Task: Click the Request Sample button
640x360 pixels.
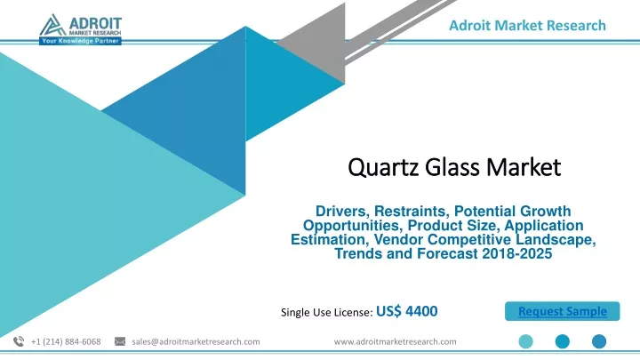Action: pyautogui.click(x=562, y=311)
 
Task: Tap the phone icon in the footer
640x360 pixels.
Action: pyautogui.click(x=19, y=341)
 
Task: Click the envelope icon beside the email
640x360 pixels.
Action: pyautogui.click(x=120, y=341)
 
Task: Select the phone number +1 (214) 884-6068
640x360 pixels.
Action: pyautogui.click(x=66, y=341)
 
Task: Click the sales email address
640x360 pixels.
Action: pyautogui.click(x=196, y=341)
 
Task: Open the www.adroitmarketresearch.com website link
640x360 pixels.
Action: pyautogui.click(x=395, y=341)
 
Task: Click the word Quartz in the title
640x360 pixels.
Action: pyautogui.click(x=383, y=167)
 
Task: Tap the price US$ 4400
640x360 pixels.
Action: pyautogui.click(x=407, y=311)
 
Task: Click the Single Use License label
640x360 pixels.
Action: pyautogui.click(x=326, y=313)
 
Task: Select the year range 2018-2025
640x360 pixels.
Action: pyautogui.click(x=516, y=254)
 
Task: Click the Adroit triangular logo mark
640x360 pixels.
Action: pyautogui.click(x=52, y=25)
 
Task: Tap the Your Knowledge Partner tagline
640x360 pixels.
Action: pyautogui.click(x=80, y=41)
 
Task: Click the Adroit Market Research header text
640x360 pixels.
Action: pyautogui.click(x=527, y=25)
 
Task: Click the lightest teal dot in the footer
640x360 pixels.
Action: pyautogui.click(x=525, y=341)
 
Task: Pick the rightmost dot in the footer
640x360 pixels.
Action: pyautogui.click(x=599, y=341)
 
